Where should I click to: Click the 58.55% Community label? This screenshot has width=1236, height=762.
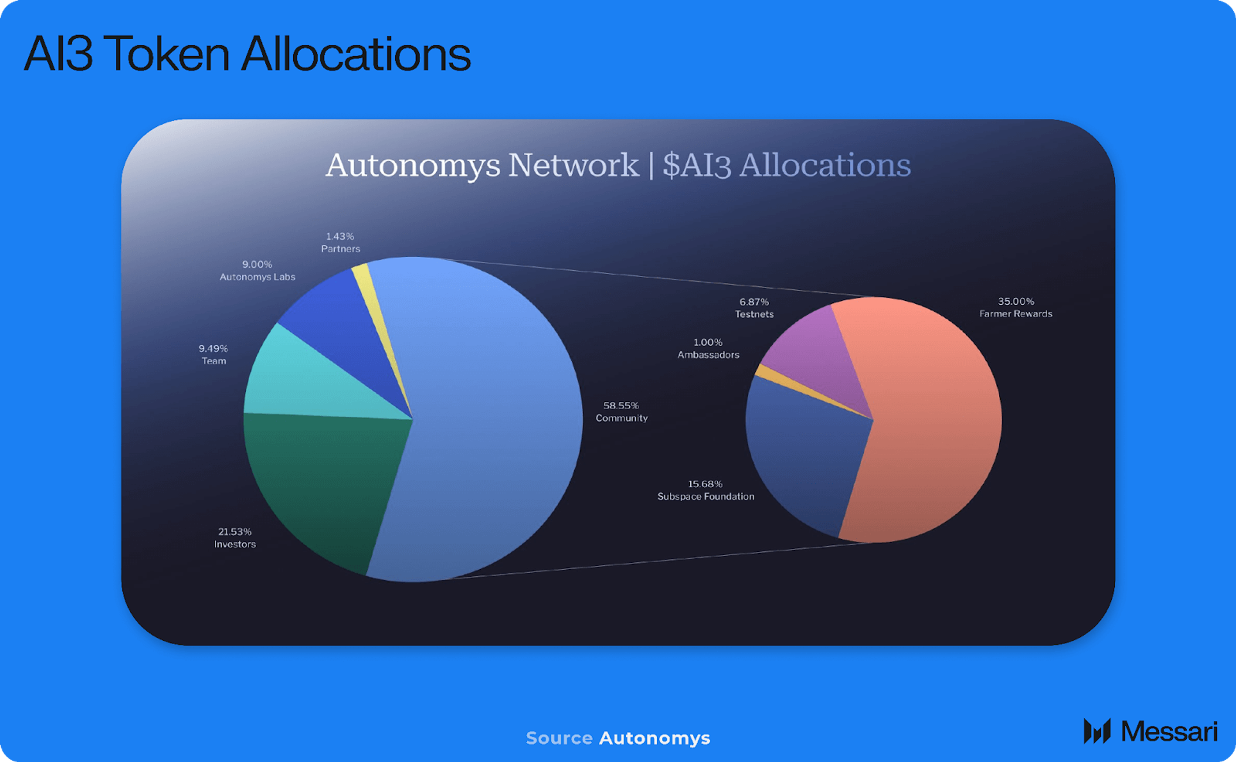tap(621, 412)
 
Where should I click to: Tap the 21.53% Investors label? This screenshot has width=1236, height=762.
tap(235, 538)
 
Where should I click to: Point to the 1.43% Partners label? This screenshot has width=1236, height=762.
tap(340, 242)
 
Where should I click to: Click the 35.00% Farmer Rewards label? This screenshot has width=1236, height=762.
tap(1016, 308)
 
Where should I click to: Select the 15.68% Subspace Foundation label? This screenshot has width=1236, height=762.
tap(706, 490)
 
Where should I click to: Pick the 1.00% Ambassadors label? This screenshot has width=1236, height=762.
tap(708, 349)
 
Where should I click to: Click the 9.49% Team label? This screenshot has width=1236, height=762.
tap(214, 354)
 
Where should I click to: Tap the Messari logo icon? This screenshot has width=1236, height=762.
tap(1097, 731)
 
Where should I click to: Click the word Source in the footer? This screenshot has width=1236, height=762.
tap(559, 738)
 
